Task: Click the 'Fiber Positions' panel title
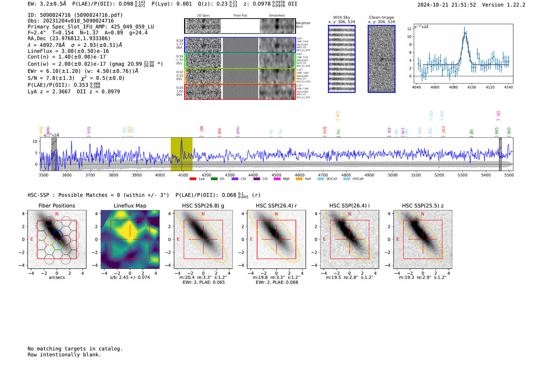tap(56, 206)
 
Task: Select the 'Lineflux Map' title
tap(130, 206)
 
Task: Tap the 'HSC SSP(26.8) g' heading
tap(203, 206)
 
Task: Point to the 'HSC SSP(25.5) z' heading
tap(423, 206)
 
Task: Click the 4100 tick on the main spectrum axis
tap(183, 175)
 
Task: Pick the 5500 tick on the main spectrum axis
tap(509, 175)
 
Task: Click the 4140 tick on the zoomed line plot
tap(508, 87)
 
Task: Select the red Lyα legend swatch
tap(193, 179)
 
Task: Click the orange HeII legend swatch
tap(299, 179)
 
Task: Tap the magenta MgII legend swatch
tap(277, 179)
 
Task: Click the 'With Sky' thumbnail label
tap(341, 17)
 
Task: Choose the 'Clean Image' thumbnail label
tap(381, 17)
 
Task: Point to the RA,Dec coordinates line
tap(69, 38)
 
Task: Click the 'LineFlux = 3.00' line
tap(68, 51)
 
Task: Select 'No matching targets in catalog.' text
tap(75, 348)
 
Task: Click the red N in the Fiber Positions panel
tap(57, 214)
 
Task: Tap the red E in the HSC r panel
tap(251, 239)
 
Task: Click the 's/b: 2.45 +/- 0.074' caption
tap(130, 277)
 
